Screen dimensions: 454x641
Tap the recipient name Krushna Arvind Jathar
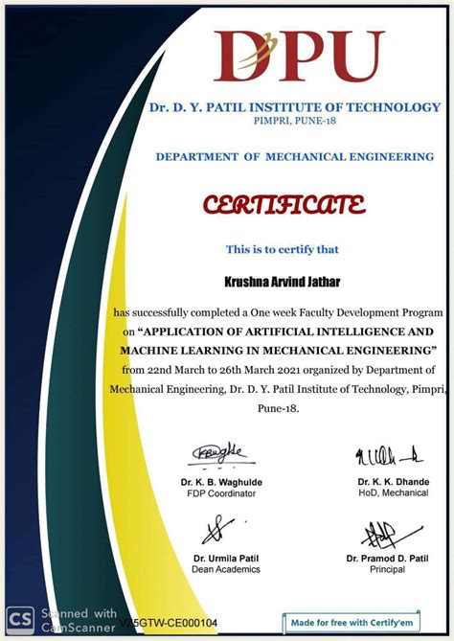282,280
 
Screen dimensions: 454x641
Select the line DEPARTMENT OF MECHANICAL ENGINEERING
294,156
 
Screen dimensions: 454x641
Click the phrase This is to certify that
282,250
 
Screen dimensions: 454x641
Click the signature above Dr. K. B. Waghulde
221,453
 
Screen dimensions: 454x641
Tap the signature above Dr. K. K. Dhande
389,454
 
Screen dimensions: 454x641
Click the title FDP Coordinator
221,493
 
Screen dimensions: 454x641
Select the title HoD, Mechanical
393,493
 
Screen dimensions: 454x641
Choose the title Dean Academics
226,569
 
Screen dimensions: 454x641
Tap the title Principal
387,569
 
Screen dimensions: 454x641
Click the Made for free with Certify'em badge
353,623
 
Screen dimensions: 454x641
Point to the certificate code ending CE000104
169,624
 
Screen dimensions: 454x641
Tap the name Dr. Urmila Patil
226,558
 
